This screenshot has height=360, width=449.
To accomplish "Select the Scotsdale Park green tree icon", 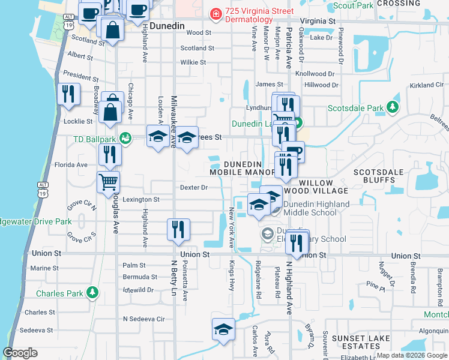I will click(393, 107).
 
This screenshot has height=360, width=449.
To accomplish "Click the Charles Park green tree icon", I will click(92, 292).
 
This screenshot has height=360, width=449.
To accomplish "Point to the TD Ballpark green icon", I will click(125, 139).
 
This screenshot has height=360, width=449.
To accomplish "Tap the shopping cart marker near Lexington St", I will click(109, 181).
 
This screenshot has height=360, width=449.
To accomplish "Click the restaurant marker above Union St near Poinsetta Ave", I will click(178, 229).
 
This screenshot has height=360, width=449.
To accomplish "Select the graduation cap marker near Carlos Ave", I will click(223, 329).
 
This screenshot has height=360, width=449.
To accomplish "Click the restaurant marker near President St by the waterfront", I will click(68, 94).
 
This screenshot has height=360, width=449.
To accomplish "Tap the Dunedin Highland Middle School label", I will click(316, 208).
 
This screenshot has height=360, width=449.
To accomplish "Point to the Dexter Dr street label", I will click(194, 187).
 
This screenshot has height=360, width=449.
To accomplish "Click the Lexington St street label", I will click(140, 199).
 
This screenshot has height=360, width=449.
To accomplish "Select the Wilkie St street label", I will click(193, 62).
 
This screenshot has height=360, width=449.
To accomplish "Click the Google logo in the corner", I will click(20, 353).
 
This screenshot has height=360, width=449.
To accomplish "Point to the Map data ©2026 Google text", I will click(411, 355).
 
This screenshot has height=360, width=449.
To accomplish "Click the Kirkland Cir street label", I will click(427, 85).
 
